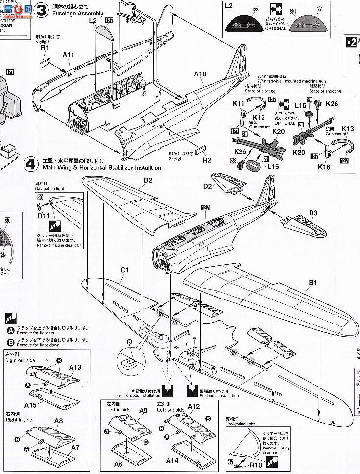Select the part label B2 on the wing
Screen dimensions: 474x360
pos(148,180)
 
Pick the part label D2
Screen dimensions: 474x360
pos(208,186)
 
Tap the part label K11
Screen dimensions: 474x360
pos(238,103)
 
